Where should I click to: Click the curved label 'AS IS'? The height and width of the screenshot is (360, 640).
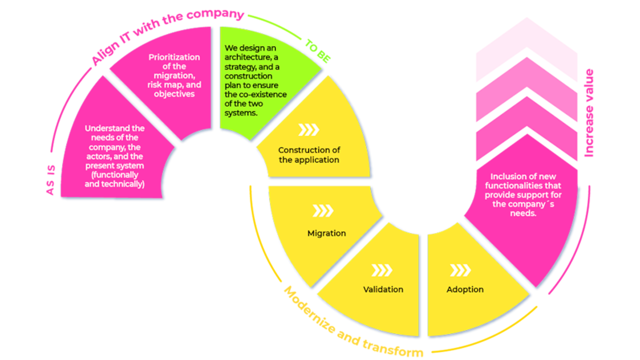point(49,180)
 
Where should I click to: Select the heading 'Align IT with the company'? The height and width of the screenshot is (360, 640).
point(167,35)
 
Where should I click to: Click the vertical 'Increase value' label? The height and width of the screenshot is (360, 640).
point(589,113)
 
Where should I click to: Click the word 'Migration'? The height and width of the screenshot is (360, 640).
point(326,233)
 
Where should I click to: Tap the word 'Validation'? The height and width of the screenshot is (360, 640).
point(383,289)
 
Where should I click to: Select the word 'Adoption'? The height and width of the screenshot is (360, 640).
point(465,289)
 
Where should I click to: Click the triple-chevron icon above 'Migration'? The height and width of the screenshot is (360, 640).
point(323,211)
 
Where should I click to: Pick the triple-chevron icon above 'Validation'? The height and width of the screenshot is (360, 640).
point(382,270)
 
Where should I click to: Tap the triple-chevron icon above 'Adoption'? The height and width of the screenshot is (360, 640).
point(460,270)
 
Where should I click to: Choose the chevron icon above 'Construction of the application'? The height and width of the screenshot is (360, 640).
point(308,130)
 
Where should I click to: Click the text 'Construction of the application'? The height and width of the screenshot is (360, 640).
point(309,155)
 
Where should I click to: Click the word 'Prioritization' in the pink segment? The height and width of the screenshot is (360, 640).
point(174,57)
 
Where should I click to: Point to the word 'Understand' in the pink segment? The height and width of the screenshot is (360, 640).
point(114,128)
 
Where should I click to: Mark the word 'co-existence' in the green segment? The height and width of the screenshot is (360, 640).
point(262,95)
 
